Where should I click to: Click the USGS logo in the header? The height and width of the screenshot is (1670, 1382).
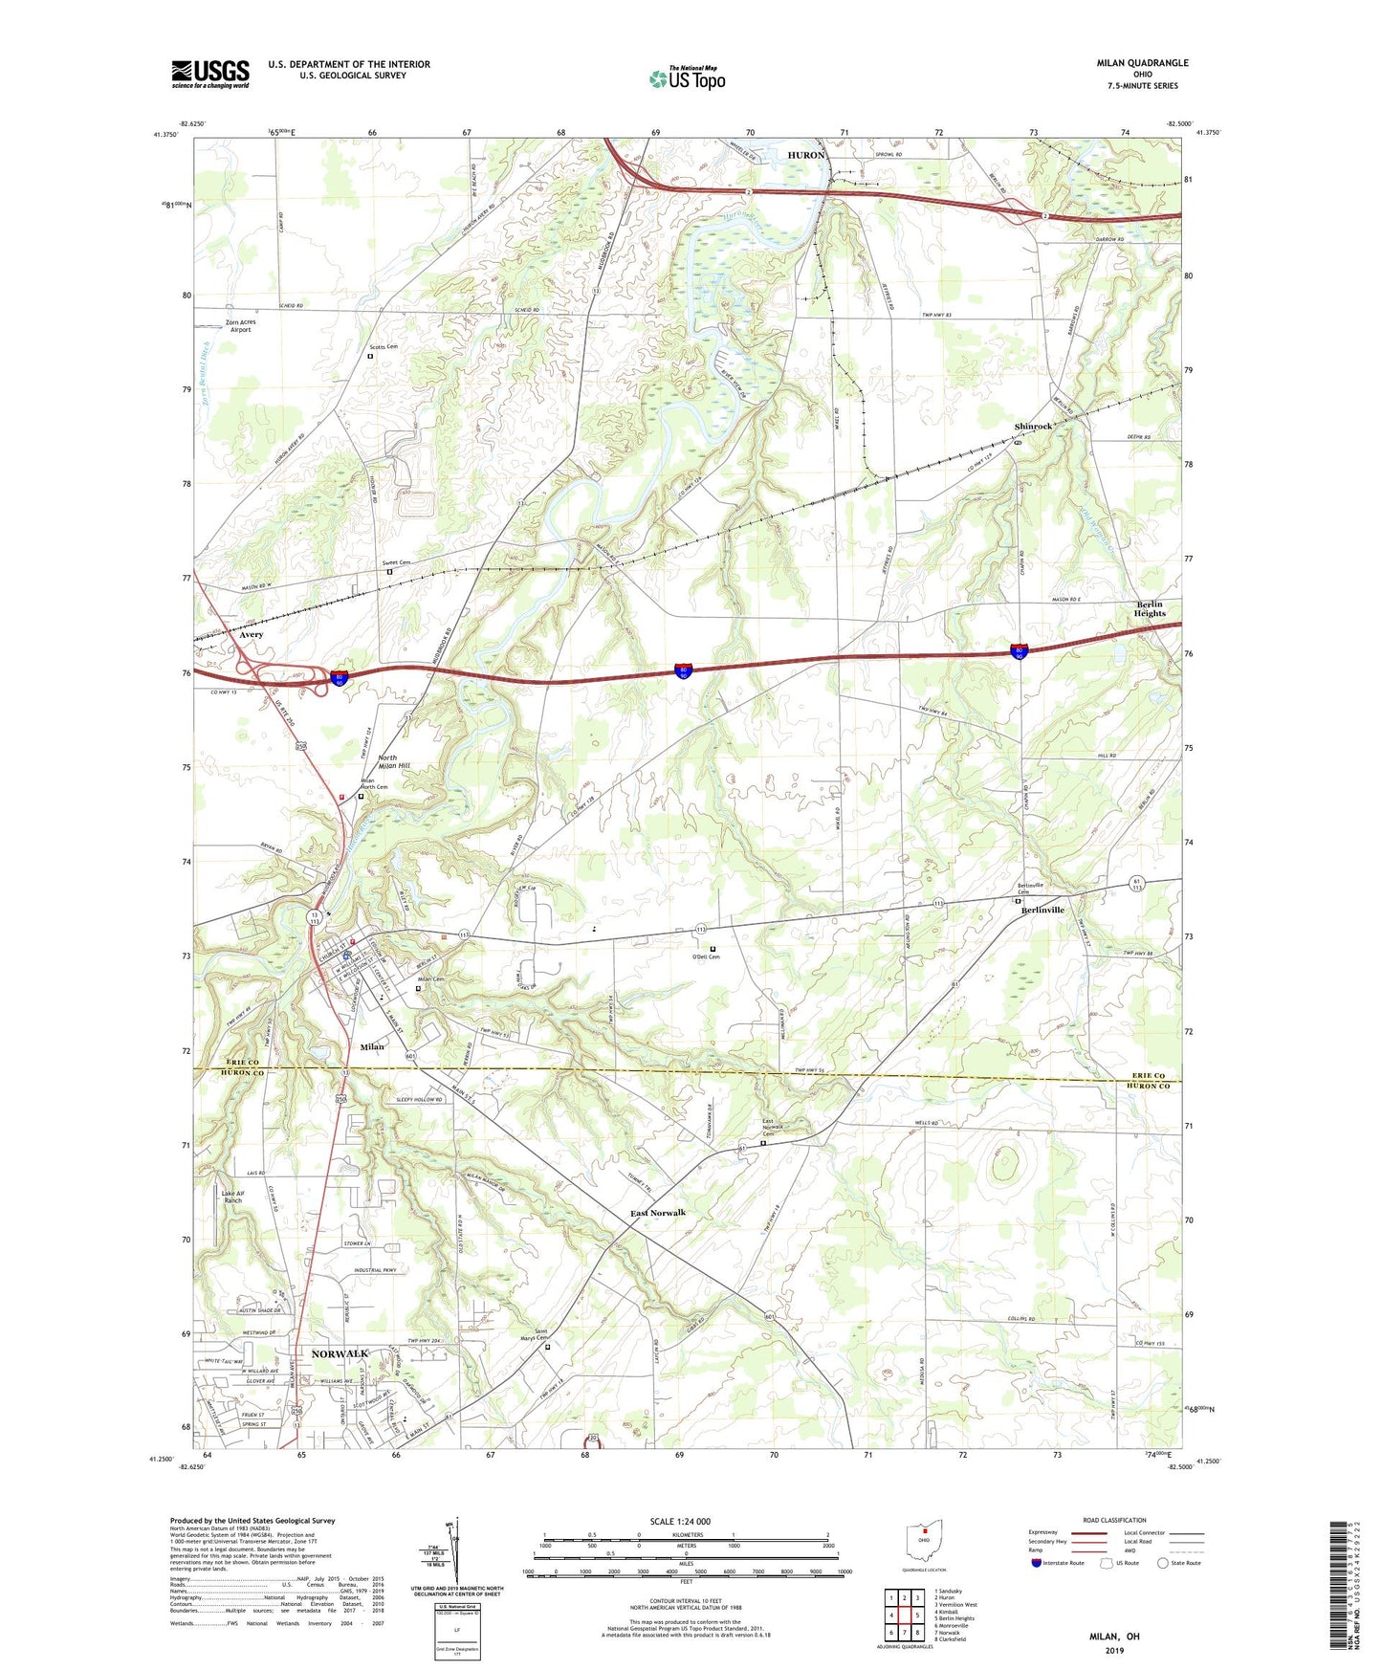(x=210, y=74)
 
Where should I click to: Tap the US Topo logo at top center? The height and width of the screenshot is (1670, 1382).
(x=687, y=78)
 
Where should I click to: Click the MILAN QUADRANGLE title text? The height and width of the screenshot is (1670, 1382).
(x=1142, y=63)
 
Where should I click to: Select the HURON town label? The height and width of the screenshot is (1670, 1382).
(x=805, y=155)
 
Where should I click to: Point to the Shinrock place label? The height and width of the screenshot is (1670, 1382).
(x=1033, y=427)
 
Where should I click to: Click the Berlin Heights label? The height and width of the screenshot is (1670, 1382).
(x=1151, y=608)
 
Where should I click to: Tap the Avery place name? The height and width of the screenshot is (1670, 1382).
(x=251, y=635)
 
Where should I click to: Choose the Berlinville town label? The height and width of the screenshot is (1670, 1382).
(x=1041, y=910)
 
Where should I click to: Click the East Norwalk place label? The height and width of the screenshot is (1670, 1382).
(x=658, y=1213)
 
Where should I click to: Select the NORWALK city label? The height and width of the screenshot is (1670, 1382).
(x=340, y=1354)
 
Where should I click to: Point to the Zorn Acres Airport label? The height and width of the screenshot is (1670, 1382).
(x=239, y=326)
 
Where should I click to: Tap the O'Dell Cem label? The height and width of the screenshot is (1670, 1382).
(x=706, y=956)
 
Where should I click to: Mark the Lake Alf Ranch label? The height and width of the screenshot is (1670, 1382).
(x=232, y=1197)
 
